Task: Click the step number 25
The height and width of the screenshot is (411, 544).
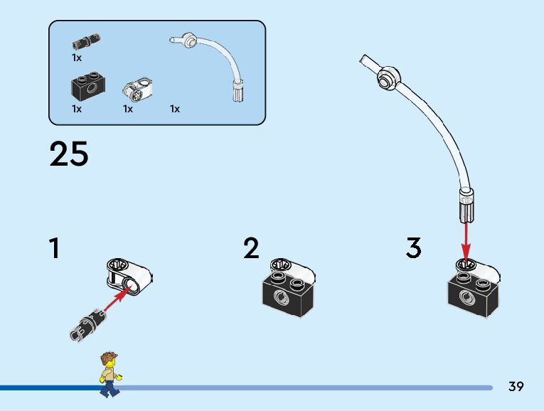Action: (x=69, y=154)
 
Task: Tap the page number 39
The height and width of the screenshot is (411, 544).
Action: (x=516, y=387)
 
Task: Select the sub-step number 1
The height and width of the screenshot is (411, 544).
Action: (x=53, y=249)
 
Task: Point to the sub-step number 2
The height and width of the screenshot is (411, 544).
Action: (x=251, y=249)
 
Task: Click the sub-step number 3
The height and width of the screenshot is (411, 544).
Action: (x=414, y=249)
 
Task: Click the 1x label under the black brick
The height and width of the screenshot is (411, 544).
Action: (x=77, y=110)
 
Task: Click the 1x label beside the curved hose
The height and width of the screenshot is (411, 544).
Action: (x=175, y=110)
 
